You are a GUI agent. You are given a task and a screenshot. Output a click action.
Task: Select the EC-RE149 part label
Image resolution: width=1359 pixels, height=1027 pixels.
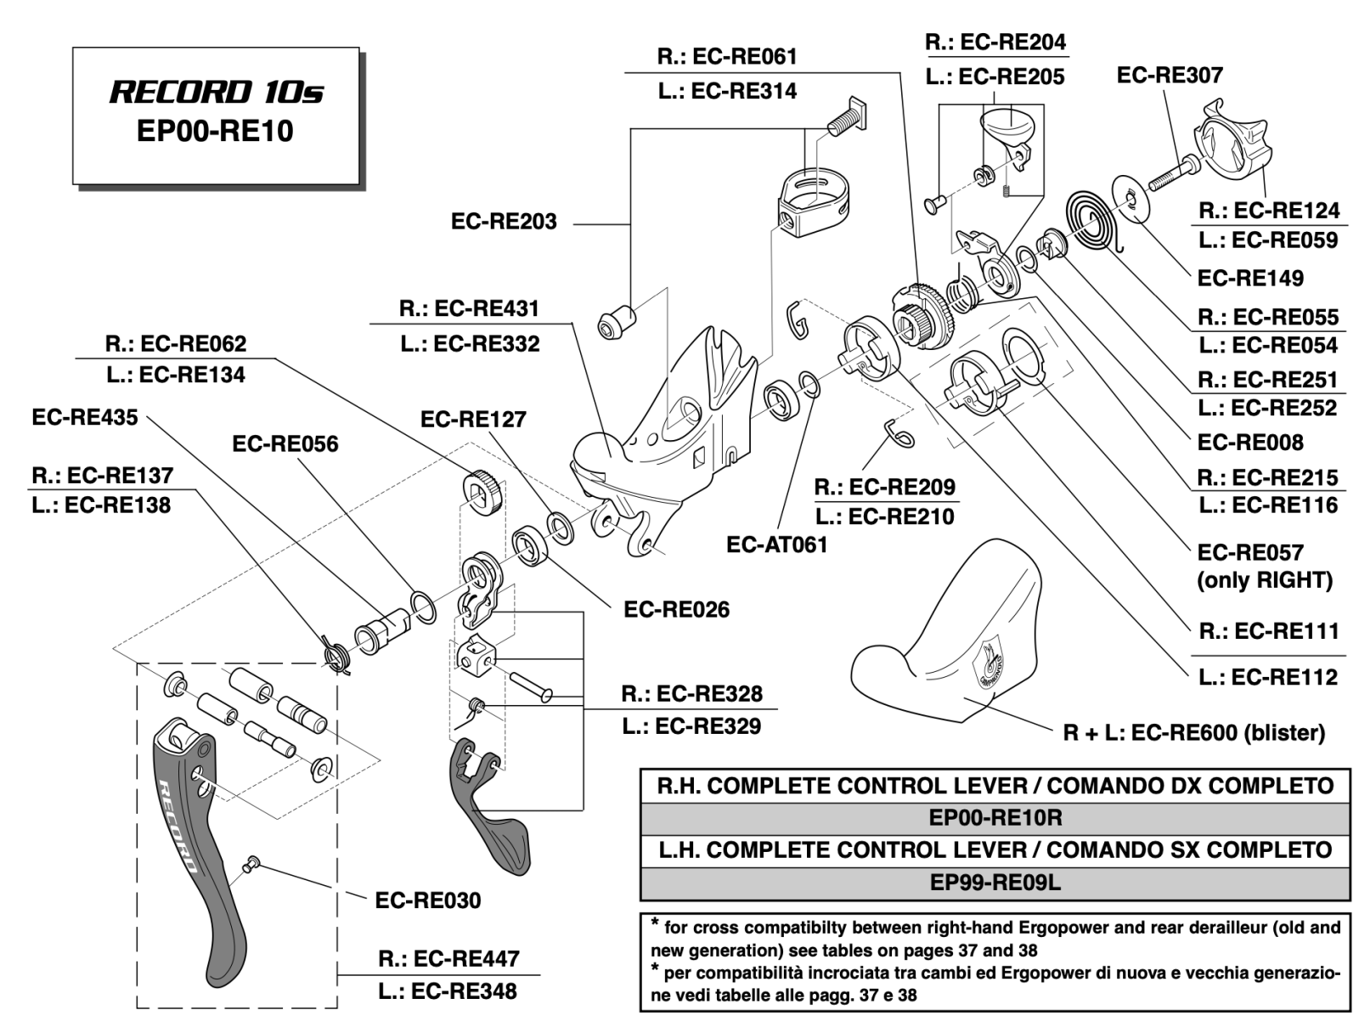pos(1249,278)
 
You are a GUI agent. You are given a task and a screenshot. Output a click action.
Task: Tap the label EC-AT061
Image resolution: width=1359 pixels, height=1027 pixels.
pos(776,545)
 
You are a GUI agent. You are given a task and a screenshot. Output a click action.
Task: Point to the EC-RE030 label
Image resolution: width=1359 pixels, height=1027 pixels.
pos(427,900)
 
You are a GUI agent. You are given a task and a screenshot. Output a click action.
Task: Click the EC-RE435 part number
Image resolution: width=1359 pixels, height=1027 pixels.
pos(84,417)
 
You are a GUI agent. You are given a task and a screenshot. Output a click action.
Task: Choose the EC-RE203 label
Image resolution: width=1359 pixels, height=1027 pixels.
pos(504,222)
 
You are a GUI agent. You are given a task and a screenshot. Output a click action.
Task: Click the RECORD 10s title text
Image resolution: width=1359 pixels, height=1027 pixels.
pos(216,93)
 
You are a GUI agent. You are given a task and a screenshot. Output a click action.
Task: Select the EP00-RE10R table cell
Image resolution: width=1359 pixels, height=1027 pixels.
pos(995,818)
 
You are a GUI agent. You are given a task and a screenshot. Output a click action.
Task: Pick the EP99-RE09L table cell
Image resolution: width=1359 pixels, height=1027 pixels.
pos(995,883)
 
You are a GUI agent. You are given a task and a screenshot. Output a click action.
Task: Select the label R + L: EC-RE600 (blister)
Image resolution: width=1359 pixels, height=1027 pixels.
pos(1193,732)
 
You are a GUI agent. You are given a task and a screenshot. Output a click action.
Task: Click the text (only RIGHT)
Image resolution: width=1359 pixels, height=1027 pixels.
pos(1264,580)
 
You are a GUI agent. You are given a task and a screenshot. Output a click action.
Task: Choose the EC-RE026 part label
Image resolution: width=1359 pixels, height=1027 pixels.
pos(676,609)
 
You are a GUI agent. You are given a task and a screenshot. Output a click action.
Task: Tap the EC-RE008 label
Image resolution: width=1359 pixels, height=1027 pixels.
pos(1249,442)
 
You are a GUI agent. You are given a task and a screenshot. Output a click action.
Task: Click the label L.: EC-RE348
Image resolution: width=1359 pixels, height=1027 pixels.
pos(448,990)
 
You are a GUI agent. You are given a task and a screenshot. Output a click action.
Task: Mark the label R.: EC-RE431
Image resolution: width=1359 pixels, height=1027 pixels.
pos(469,308)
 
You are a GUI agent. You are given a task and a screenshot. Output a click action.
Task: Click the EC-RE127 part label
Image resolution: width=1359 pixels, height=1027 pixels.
pos(473,419)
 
